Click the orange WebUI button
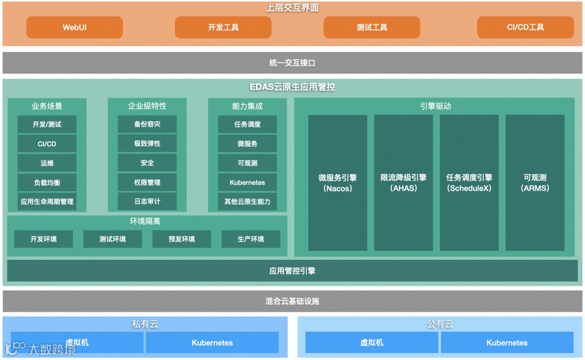coord(74,27)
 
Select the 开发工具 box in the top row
coord(223,27)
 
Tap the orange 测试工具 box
coord(372,27)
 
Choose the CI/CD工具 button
coord(525,27)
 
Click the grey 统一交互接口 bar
coord(292,63)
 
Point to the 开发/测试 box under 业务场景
coord(47,125)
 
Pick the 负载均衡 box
coord(47,182)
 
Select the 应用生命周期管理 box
coord(47,201)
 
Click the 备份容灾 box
coord(147,125)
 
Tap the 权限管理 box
coord(147,182)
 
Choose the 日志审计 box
coord(147,201)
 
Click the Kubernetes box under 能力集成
coord(247,182)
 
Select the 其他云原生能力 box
coord(247,201)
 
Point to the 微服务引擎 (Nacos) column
coord(337,183)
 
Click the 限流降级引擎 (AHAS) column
coord(403,183)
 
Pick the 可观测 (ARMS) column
coord(535,183)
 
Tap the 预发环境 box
coord(181,239)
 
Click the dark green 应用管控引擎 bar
coord(292,271)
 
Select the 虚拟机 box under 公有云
coord(372,343)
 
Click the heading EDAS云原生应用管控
coord(292,87)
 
